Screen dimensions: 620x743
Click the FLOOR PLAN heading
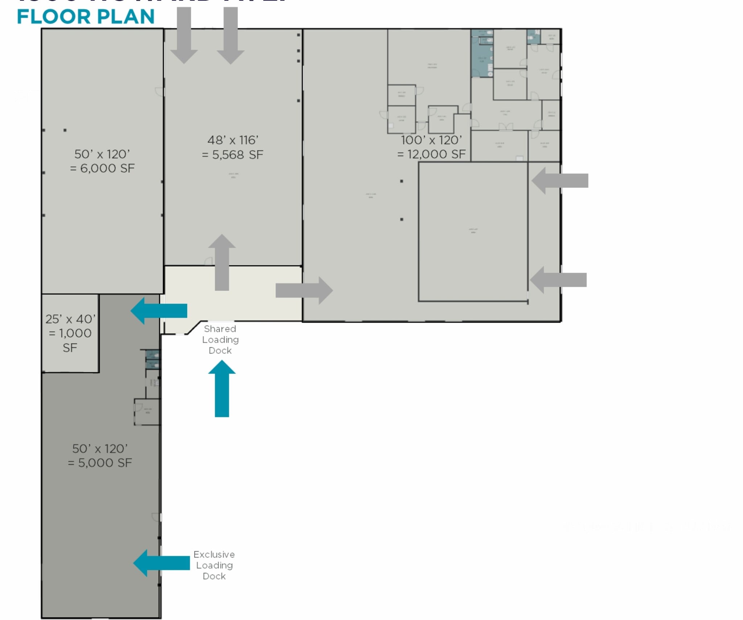pyautogui.click(x=86, y=17)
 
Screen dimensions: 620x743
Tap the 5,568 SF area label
pyautogui.click(x=233, y=148)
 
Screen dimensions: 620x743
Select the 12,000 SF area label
pyautogui.click(x=431, y=147)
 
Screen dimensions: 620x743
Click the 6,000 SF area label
pyautogui.click(x=102, y=161)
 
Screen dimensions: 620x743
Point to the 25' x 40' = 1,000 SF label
pyautogui.click(x=70, y=333)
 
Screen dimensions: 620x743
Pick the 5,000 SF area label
pyautogui.click(x=100, y=456)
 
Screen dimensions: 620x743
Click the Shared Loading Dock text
pyautogui.click(x=220, y=340)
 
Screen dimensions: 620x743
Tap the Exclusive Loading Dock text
pyautogui.click(x=214, y=565)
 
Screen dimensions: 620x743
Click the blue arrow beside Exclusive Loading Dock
pyautogui.click(x=161, y=563)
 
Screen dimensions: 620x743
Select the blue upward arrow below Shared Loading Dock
pyautogui.click(x=222, y=389)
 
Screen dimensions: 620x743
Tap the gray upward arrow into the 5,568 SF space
pyautogui.click(x=222, y=263)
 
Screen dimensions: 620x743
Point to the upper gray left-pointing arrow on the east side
pyautogui.click(x=560, y=181)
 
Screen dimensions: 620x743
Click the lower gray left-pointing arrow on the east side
pyautogui.click(x=558, y=280)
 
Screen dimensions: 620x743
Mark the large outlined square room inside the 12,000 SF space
pyautogui.click(x=473, y=232)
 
